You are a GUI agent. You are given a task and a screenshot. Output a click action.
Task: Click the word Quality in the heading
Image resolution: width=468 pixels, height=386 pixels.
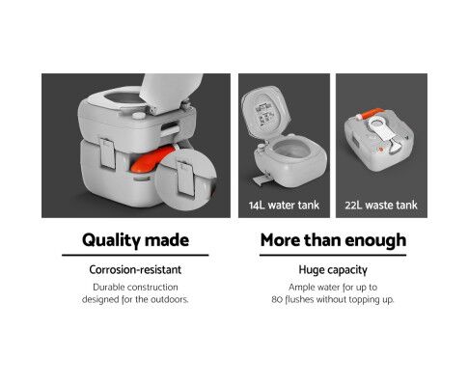coord(111,240)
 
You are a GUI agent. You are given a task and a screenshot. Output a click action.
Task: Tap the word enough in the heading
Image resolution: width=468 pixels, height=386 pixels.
coord(375,240)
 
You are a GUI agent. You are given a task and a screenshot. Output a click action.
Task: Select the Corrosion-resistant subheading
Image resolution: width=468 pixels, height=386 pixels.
coord(135,269)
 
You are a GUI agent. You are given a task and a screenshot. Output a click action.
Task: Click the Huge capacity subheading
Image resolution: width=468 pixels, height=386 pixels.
coord(333,269)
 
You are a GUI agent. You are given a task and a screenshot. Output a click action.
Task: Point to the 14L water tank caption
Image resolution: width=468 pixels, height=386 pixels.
coord(284,205)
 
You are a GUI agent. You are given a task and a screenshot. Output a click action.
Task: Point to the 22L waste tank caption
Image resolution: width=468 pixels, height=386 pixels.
coord(381,205)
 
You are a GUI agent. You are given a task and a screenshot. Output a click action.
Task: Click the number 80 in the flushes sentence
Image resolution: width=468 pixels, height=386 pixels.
coord(277,299)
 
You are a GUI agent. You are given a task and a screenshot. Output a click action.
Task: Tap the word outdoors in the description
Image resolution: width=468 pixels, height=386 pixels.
coord(170,299)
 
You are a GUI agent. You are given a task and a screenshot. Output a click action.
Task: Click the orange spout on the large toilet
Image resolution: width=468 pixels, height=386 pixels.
coord(147,161)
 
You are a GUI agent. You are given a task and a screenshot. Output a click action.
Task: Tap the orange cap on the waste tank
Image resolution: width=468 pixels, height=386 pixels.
coord(372,114)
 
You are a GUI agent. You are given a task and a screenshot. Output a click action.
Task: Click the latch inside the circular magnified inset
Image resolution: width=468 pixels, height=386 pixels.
coord(186,179)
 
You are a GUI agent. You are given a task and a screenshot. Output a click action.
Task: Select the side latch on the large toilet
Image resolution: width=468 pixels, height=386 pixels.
coord(108,153)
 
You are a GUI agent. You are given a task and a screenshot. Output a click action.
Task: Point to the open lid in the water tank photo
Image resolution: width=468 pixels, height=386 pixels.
coord(264,109)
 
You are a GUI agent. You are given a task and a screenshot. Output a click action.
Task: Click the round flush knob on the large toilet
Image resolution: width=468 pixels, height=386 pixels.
coord(138,115)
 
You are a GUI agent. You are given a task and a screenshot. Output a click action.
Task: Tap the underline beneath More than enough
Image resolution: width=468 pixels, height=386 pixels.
coord(333,255)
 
